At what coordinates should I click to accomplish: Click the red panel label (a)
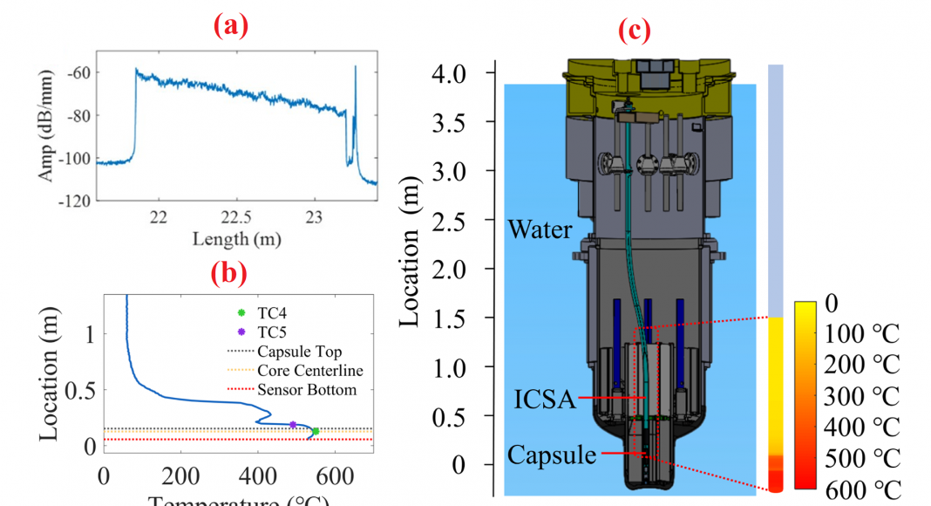click(x=231, y=26)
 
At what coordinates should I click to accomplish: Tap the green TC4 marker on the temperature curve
click(x=316, y=431)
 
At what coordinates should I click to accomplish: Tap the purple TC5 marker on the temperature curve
click(x=293, y=425)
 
